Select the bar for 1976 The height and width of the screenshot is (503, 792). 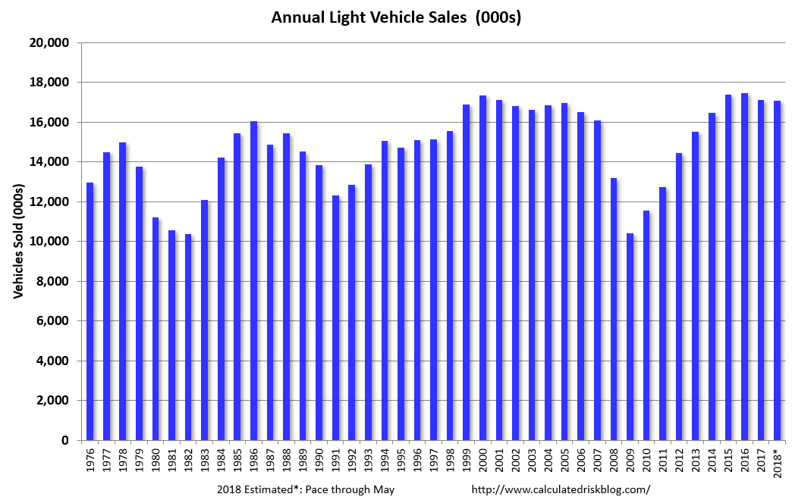[x=90, y=311]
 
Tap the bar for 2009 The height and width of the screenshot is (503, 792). [x=630, y=336]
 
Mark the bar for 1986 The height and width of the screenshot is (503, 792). [x=254, y=280]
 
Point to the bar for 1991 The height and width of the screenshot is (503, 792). [x=336, y=317]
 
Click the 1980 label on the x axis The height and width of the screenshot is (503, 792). [x=156, y=461]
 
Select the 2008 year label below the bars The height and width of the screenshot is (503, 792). [x=614, y=461]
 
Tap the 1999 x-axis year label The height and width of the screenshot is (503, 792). [x=467, y=461]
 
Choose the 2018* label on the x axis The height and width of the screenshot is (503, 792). [x=778, y=463]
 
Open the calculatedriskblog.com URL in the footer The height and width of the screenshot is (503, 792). [x=561, y=489]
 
